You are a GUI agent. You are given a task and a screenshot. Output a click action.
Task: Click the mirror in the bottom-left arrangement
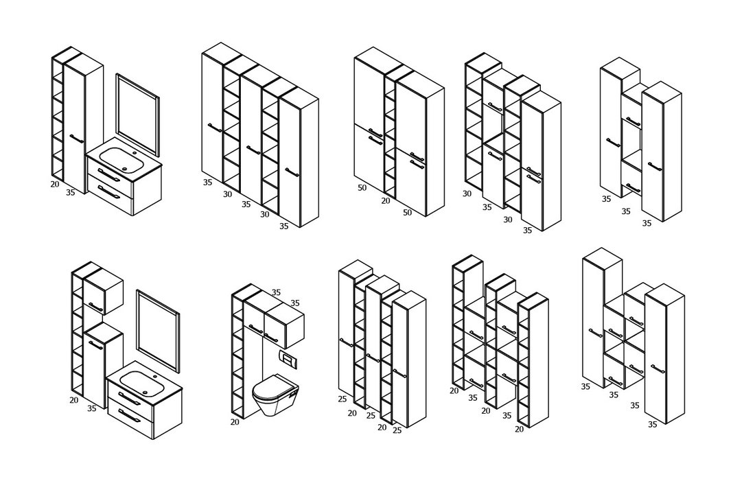click(158, 331)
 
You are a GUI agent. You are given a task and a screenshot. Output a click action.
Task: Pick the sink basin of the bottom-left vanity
click(140, 379)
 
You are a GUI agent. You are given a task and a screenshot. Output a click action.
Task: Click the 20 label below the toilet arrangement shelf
click(235, 422)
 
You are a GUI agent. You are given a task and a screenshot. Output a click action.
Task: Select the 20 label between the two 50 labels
click(386, 200)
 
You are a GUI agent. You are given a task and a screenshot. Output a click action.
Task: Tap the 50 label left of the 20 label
click(362, 188)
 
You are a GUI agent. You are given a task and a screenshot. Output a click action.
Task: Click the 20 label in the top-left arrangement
click(55, 184)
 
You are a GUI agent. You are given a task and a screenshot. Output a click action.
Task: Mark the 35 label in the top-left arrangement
click(70, 193)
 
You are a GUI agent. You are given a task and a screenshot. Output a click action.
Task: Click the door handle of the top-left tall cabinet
click(77, 139)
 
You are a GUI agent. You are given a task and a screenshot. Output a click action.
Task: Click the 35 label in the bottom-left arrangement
click(91, 408)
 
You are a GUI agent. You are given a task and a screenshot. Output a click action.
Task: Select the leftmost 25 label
click(342, 399)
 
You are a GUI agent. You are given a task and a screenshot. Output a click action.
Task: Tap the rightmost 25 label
click(397, 430)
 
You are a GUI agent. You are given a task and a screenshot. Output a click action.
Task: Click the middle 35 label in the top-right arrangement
click(625, 211)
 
